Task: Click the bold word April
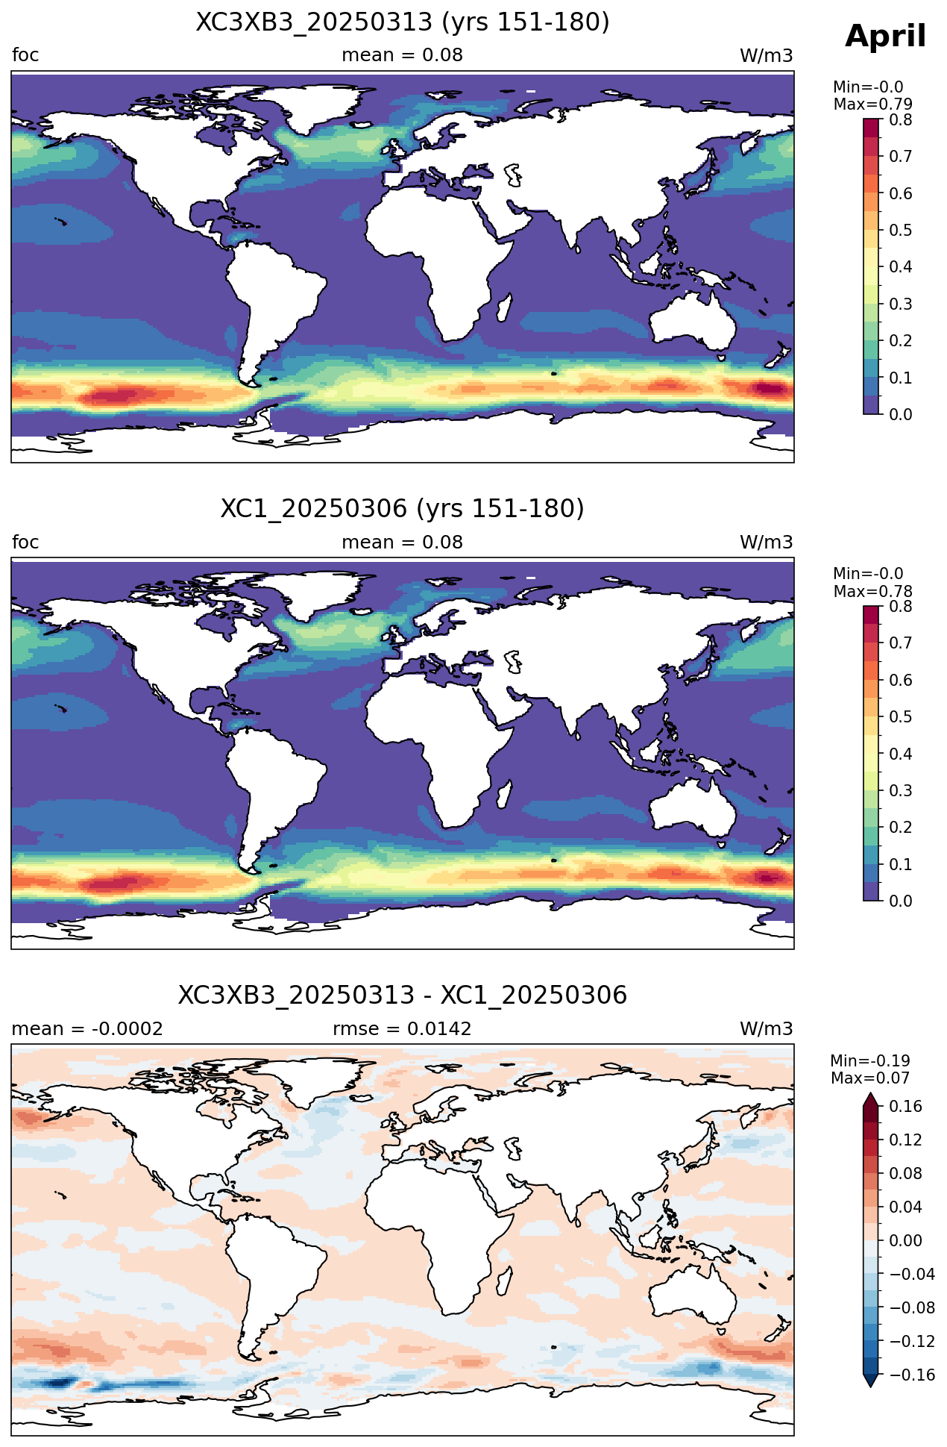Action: [x=886, y=37]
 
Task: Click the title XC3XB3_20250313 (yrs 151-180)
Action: [x=403, y=22]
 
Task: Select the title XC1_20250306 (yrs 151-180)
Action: [x=403, y=509]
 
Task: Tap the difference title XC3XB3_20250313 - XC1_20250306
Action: [x=403, y=996]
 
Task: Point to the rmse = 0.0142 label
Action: [x=403, y=1029]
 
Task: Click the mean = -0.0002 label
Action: [x=87, y=1029]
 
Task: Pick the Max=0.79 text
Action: [x=872, y=104]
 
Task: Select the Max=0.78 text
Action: [x=872, y=592]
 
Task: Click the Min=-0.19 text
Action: [x=870, y=1061]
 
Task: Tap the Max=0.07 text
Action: [x=870, y=1078]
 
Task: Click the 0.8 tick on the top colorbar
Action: [x=901, y=120]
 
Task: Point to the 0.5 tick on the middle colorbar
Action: [x=901, y=717]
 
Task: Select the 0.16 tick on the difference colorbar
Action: [x=906, y=1107]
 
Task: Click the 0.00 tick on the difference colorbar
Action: [x=906, y=1241]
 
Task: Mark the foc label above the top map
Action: [x=25, y=55]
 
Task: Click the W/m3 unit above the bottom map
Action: [x=767, y=1029]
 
